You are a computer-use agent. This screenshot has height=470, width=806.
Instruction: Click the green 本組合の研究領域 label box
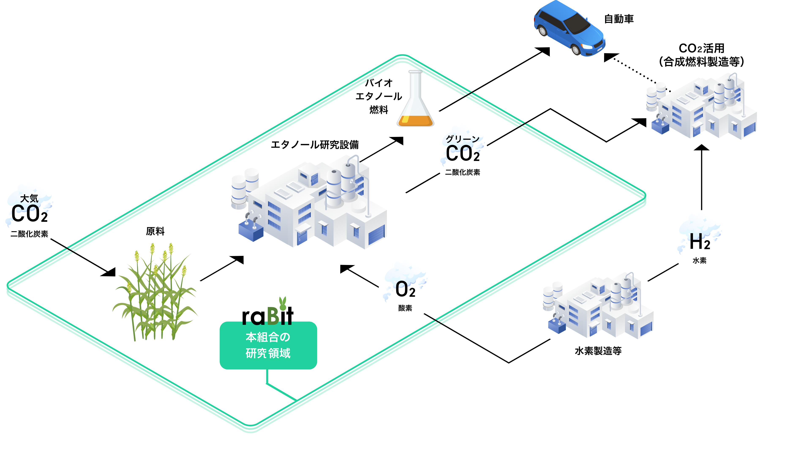coord(268,345)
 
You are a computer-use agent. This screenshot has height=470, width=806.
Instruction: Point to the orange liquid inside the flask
coord(415,120)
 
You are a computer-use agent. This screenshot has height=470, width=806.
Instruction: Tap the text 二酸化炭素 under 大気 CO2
coord(29,234)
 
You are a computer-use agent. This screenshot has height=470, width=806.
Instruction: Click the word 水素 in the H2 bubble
coord(700,260)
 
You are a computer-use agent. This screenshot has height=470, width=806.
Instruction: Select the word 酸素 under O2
coord(405,308)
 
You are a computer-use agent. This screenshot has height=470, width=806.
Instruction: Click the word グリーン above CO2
coord(463,139)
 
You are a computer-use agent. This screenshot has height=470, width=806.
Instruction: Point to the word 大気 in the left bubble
coord(29,199)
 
